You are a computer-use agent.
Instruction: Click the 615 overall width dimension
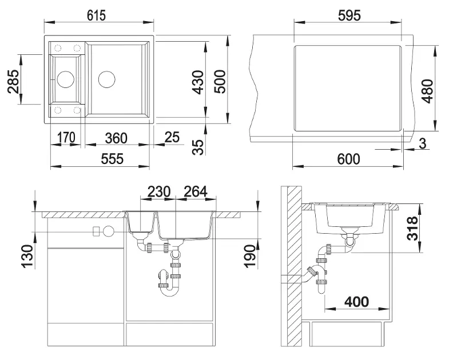(x=96, y=15)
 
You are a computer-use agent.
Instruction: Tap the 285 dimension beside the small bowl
(x=14, y=81)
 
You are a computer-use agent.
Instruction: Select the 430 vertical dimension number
(x=198, y=82)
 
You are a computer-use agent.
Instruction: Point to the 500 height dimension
(x=220, y=81)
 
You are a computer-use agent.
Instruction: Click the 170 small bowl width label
(x=66, y=137)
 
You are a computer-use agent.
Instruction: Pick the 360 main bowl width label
(x=116, y=138)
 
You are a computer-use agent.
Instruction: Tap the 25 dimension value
(x=172, y=137)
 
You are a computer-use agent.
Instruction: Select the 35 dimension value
(x=198, y=147)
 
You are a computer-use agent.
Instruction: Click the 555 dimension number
(x=112, y=159)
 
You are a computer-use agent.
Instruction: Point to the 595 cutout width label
(x=349, y=15)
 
